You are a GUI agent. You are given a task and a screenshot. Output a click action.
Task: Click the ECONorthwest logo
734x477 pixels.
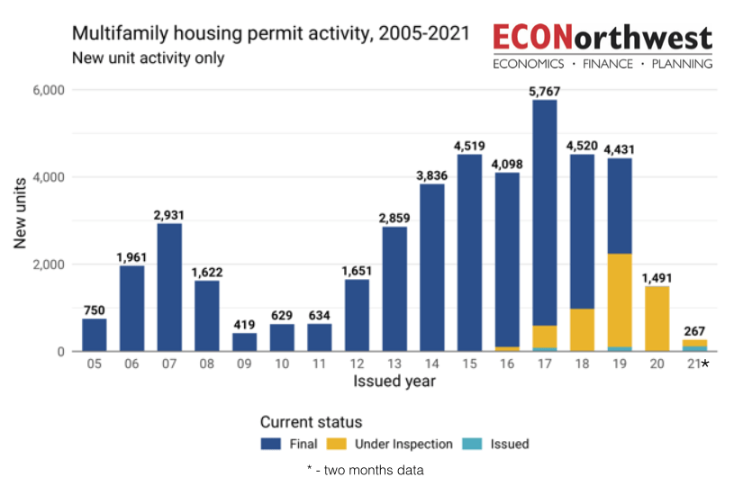603,46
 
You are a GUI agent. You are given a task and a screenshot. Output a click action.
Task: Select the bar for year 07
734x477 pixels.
169,287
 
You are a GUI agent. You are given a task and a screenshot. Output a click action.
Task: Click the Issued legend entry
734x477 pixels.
497,444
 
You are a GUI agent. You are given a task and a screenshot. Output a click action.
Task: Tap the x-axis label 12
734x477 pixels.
357,364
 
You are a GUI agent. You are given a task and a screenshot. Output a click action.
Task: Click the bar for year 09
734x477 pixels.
244,342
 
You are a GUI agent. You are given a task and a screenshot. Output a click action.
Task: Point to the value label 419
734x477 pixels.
244,324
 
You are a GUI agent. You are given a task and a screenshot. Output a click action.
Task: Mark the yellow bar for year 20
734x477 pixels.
656,319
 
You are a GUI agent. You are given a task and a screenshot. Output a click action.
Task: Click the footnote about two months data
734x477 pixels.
365,469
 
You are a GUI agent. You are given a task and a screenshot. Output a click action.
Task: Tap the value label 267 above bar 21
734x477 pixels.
693,330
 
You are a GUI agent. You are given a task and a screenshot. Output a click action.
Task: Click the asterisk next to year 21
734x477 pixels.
705,364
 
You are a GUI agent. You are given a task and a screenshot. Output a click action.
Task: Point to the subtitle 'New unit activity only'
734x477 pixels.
148,58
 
